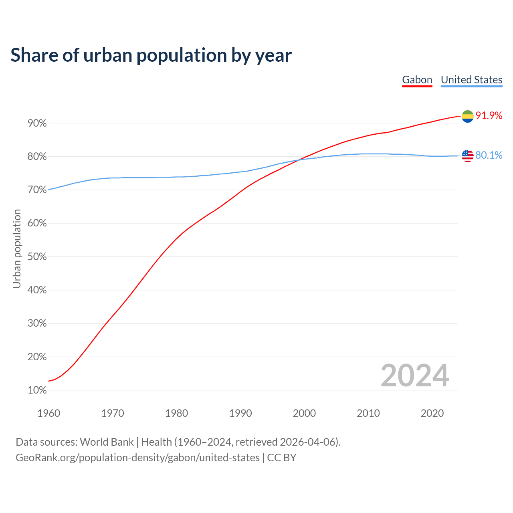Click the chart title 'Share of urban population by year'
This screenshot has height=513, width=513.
click(151, 55)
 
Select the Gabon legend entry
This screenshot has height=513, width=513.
click(417, 80)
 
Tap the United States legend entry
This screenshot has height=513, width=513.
click(471, 80)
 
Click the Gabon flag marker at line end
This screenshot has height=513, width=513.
click(467, 116)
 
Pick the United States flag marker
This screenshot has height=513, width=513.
click(467, 156)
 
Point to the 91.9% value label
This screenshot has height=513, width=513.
click(489, 116)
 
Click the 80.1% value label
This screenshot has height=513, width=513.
click(489, 156)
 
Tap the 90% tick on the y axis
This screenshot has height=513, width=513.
click(37, 123)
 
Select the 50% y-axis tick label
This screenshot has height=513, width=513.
click(37, 257)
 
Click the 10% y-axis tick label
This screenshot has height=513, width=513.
click(37, 390)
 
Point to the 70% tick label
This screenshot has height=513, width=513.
click(37, 190)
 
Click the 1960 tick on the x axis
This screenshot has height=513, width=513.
click(48, 413)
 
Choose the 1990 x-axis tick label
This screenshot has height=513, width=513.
click(240, 413)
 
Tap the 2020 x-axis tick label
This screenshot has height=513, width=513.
click(432, 413)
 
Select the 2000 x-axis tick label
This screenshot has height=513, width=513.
click(304, 413)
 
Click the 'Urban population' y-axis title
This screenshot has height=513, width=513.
click(17, 248)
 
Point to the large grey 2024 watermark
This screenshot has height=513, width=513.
click(415, 376)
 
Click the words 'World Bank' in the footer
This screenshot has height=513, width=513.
click(107, 442)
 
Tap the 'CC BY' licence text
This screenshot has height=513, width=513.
click(282, 458)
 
